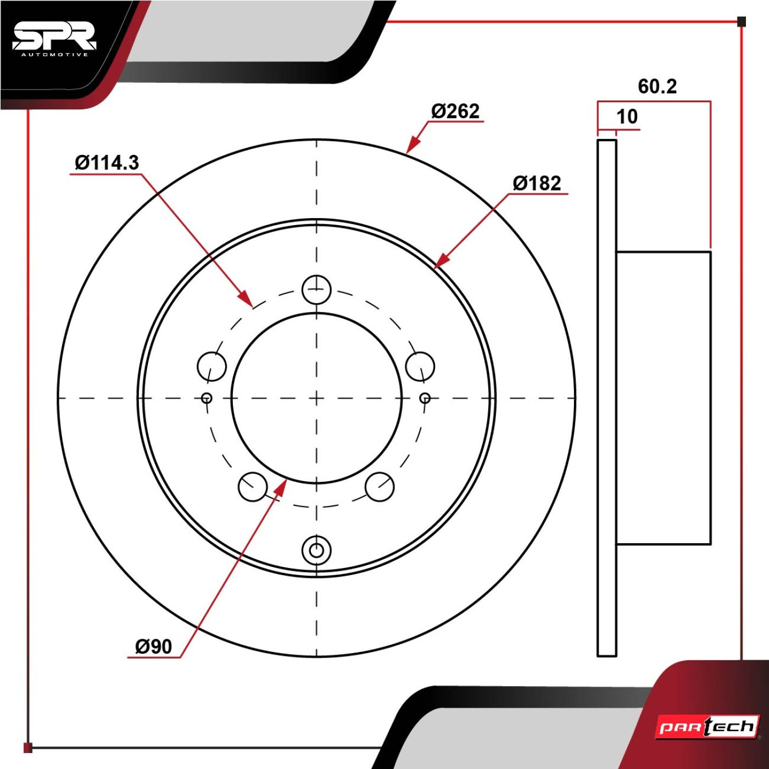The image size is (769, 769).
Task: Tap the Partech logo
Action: [707, 726]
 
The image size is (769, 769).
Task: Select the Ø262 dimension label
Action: [455, 112]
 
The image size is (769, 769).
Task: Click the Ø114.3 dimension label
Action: [107, 163]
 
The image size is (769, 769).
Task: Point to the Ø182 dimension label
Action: [537, 183]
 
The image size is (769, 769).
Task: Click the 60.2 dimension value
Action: [657, 87]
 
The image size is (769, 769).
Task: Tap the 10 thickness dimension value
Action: [627, 116]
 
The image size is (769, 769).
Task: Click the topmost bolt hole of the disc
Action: [317, 289]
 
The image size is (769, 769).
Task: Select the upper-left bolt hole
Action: [212, 366]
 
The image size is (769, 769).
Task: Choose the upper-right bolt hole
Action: [420, 366]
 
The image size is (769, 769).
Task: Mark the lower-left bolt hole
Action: [253, 487]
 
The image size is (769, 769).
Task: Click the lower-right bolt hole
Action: [380, 487]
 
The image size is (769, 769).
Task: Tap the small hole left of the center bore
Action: [207, 398]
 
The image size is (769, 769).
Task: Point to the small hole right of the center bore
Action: [426, 398]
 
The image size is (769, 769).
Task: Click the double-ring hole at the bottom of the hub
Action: [317, 550]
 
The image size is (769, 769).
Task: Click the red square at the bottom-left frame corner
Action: [27, 748]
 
